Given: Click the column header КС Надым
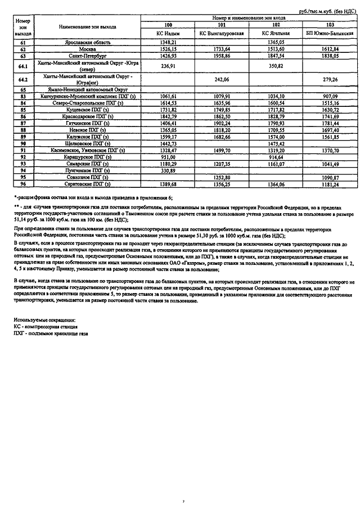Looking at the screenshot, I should (168, 34).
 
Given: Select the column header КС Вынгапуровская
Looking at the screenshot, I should (222, 34).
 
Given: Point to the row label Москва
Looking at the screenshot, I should (87, 49).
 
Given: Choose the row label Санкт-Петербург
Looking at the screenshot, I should (87, 56).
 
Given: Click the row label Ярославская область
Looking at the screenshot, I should (87, 43).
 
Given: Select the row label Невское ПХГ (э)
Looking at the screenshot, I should (87, 130).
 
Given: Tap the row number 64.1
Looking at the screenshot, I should (23, 66).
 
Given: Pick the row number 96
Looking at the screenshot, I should (23, 184).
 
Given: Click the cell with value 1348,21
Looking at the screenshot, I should (168, 43).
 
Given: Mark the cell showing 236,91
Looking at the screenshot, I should (168, 66).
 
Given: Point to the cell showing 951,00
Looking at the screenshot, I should (168, 157).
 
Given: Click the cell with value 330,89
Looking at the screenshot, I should (168, 170).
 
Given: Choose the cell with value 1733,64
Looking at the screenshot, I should (222, 49).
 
